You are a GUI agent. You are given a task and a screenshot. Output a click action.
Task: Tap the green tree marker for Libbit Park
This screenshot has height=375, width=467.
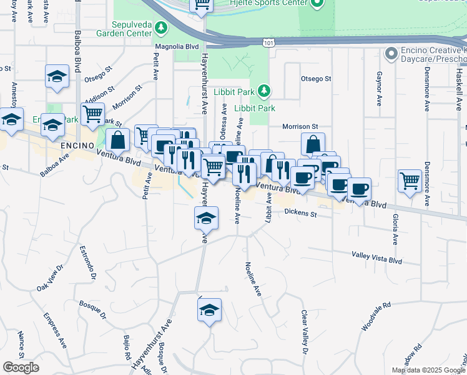tap(264, 91)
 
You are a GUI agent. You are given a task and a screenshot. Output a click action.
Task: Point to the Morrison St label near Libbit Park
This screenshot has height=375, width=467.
tap(300, 126)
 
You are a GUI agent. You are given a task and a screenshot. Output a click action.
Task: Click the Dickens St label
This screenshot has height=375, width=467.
tap(301, 213)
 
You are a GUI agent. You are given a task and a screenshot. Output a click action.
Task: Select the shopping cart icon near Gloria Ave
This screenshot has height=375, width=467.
tap(410, 181)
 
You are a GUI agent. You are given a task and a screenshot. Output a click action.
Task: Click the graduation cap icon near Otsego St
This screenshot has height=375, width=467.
tap(57, 77)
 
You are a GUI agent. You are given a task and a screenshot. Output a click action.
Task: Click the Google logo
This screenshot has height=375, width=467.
tap(21, 367)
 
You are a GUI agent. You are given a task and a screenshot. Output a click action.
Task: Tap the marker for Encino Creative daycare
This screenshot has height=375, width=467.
tap(391, 54)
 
